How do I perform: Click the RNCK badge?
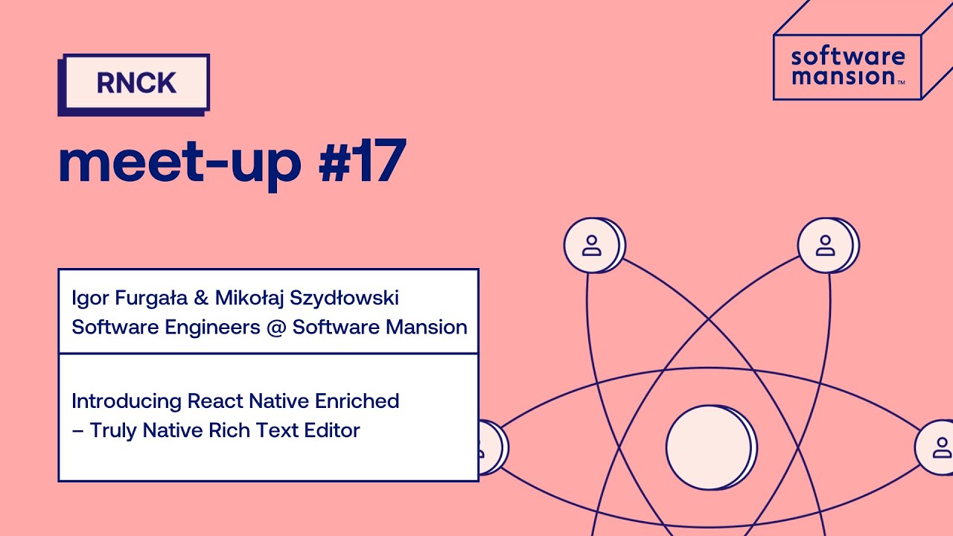[x=136, y=83]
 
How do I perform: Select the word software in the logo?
[x=847, y=57]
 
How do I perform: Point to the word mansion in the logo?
[x=842, y=76]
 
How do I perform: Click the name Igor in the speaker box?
[x=89, y=299]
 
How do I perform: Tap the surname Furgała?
[x=149, y=299]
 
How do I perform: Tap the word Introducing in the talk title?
[x=127, y=401]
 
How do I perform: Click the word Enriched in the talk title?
[x=357, y=401]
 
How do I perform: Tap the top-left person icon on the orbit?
[x=592, y=245]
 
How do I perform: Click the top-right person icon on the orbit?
[x=826, y=245]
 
